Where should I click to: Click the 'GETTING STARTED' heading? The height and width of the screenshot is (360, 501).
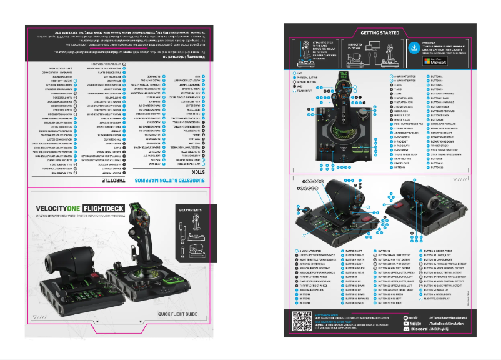(380, 32)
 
